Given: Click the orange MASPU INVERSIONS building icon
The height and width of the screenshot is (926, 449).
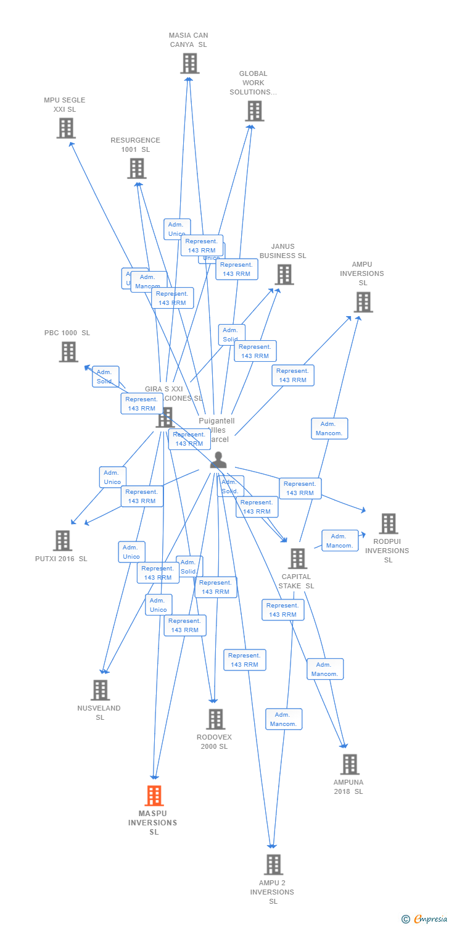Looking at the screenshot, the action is [154, 796].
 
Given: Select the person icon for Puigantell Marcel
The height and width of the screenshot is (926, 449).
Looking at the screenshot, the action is [218, 461].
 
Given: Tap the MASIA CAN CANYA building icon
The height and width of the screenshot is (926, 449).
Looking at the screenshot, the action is [189, 63].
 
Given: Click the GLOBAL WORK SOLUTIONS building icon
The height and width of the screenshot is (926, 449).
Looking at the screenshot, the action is [254, 111].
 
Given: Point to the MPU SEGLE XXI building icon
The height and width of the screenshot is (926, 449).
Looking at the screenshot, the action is [66, 128].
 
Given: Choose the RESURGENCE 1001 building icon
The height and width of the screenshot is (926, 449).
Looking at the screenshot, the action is [136, 168].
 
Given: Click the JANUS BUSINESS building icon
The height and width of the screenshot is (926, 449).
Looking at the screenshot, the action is [284, 274].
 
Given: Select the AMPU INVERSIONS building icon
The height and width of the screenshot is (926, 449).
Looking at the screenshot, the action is [363, 302].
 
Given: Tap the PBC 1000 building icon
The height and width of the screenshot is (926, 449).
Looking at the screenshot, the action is [68, 351].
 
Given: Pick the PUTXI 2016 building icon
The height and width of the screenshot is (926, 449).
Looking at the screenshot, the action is [62, 540].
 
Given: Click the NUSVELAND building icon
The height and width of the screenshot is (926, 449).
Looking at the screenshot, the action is [100, 690].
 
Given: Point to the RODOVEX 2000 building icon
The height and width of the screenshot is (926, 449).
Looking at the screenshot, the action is [215, 719].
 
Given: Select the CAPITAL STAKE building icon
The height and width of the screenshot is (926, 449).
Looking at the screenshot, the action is [297, 559].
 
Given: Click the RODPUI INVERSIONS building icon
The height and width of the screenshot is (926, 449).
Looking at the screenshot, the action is [388, 523].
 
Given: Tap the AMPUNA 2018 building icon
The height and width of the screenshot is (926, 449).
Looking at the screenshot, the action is [350, 764].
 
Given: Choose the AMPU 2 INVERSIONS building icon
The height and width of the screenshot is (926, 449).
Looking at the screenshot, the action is [273, 864].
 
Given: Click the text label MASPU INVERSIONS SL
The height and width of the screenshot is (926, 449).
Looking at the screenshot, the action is [153, 823].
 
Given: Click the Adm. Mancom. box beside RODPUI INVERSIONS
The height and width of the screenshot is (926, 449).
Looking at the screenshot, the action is [340, 541].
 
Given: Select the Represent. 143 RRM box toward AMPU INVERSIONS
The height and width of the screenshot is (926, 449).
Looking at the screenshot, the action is [293, 375].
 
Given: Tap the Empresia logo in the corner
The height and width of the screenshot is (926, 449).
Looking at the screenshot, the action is [426, 919].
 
